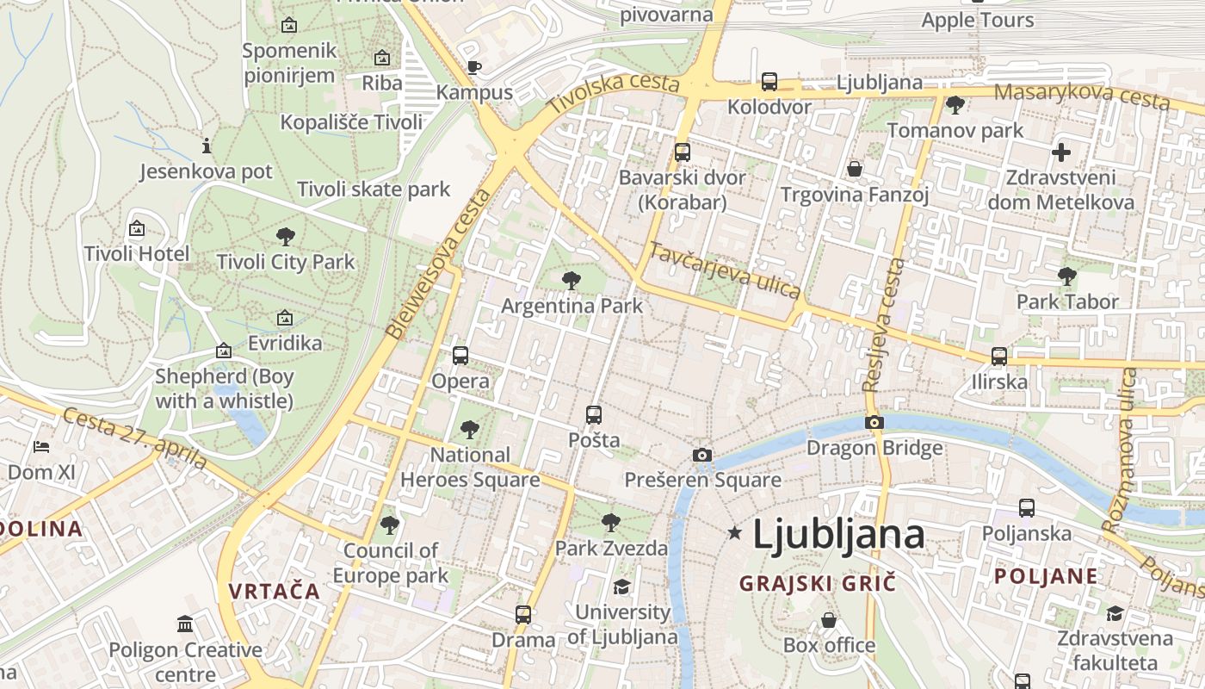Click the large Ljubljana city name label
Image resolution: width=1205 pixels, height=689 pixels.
pos(838,535)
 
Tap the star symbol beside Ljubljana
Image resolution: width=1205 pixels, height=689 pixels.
pos(734,533)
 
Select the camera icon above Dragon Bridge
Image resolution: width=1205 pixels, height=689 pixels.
pos(874,422)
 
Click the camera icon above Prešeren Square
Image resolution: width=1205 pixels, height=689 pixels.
pos(702,455)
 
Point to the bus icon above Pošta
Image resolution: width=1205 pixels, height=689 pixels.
pos(594,414)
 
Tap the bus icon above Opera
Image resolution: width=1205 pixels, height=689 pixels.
pos(460,355)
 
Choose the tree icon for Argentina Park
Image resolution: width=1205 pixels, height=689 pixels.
pos(571,280)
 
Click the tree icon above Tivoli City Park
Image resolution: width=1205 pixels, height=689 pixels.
pos(286,236)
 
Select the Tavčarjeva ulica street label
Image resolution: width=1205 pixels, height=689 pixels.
pos(725,270)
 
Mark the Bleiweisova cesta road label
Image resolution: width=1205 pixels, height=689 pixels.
pos(438,264)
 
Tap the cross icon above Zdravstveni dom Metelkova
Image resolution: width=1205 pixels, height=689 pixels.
pos(1061,152)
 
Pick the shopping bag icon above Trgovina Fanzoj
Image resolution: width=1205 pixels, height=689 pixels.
pos(855,169)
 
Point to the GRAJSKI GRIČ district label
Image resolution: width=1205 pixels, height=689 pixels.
pos(818,583)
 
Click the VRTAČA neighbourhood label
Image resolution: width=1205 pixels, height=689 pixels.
pos(275,591)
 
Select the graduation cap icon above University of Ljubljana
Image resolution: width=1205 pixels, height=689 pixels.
pos(621,587)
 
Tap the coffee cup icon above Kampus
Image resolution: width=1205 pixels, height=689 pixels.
pos(473,67)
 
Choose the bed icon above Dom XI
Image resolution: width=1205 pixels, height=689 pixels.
pos(41,446)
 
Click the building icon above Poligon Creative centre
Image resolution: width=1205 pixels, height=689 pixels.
pos(185,624)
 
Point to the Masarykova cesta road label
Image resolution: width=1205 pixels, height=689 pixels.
pos(1082,96)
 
